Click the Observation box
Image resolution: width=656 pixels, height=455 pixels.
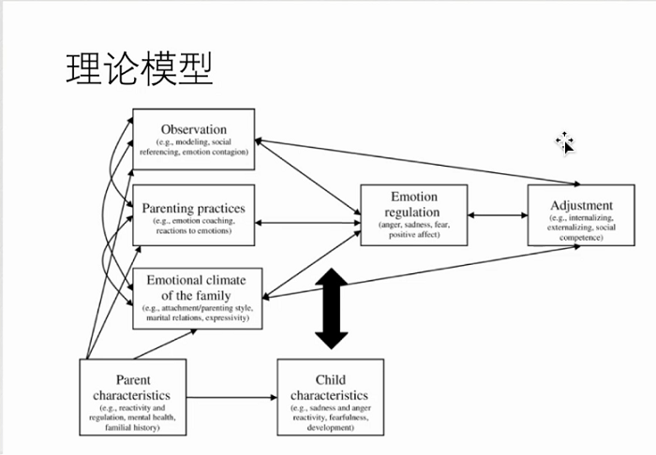194,139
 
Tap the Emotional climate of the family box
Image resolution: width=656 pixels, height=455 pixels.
197,298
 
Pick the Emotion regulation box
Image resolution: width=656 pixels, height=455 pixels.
413,216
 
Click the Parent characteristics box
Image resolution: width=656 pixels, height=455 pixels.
133,397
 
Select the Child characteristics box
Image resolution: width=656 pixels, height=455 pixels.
330,397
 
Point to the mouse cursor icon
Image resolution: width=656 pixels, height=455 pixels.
565,142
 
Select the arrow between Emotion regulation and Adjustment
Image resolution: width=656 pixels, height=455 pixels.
497,215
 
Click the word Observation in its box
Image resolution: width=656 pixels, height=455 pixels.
194,129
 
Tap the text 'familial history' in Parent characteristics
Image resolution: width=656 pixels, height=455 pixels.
133,427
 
